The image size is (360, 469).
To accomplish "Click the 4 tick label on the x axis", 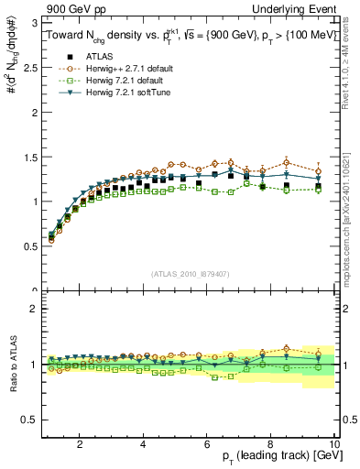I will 143,444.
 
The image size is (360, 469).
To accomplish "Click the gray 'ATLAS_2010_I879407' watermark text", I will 190,274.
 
